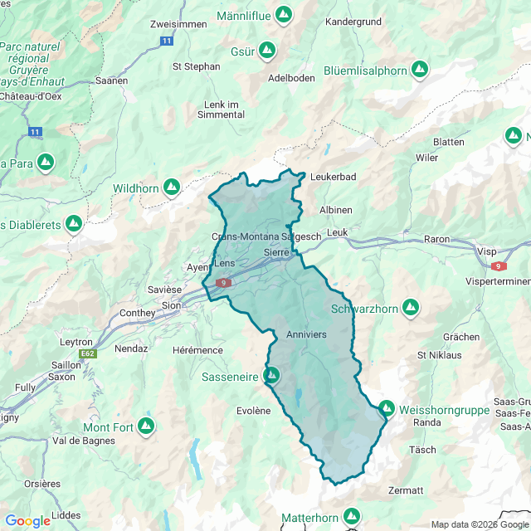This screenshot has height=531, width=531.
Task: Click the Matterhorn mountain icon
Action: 352,515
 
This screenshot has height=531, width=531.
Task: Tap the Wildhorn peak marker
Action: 172,188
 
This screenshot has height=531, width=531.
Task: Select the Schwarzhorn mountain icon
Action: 410,309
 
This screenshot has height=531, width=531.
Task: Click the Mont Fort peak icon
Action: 146,426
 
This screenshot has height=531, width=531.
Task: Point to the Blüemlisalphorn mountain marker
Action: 420,70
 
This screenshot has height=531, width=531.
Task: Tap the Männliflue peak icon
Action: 285,15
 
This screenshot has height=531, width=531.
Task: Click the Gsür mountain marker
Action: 267,51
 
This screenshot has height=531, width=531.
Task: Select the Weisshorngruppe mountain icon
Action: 387,408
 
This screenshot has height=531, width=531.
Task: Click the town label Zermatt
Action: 405,490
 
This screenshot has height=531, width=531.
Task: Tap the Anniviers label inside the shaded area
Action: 306,334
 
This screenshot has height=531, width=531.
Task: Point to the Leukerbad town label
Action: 333,177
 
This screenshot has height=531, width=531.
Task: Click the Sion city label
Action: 171,304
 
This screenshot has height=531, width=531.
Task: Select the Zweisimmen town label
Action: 178,24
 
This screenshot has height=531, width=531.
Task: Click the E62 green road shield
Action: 88,353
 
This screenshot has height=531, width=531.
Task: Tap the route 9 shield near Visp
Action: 498,266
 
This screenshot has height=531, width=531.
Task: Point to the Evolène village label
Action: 253,410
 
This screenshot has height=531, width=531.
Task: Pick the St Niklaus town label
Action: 439,355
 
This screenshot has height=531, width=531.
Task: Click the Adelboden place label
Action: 291,78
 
